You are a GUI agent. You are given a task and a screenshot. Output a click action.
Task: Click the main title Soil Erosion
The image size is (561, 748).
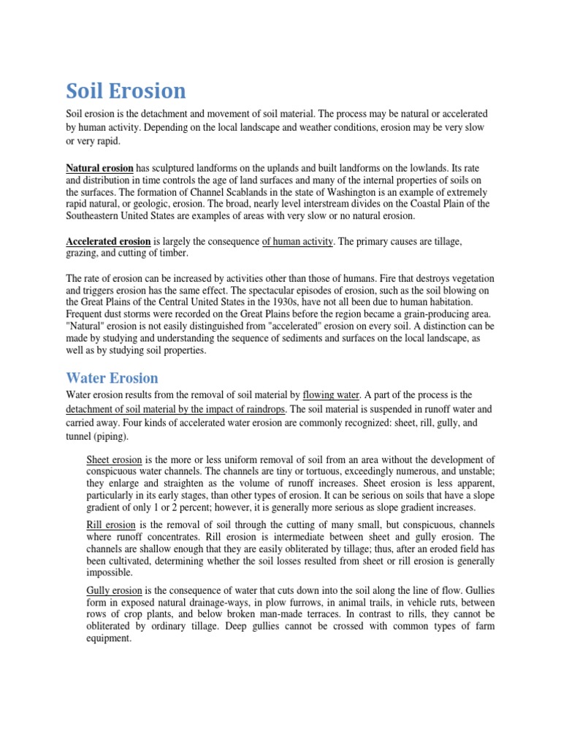(x=126, y=91)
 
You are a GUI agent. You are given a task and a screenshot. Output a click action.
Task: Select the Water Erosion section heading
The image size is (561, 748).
(x=112, y=378)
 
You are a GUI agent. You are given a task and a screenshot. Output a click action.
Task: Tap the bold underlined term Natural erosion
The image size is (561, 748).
(x=100, y=168)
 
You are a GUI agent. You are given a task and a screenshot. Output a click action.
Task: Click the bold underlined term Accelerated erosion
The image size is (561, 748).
(x=108, y=241)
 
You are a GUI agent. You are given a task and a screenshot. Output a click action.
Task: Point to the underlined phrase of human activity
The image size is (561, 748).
(x=297, y=241)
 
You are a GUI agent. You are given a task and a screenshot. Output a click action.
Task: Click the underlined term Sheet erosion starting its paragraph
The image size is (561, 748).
(x=115, y=460)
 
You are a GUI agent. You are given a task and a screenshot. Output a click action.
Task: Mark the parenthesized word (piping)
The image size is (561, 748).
(x=109, y=436)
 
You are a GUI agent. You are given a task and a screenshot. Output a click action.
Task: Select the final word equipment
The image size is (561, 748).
(x=109, y=638)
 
